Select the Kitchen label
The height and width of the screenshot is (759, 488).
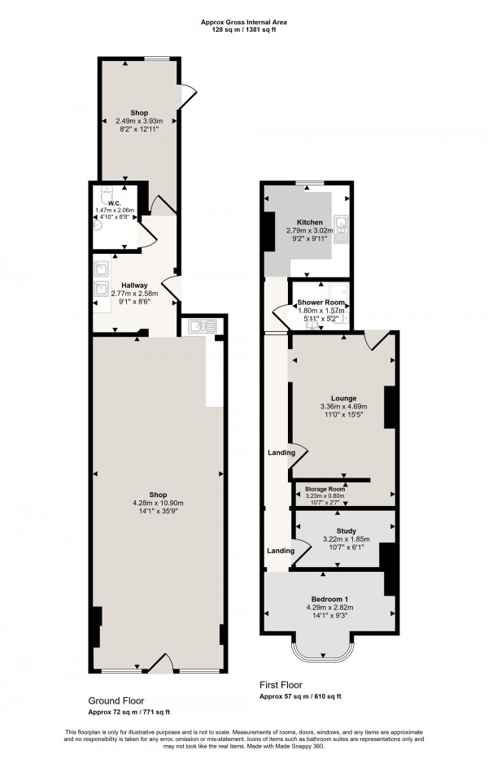coord(310,222)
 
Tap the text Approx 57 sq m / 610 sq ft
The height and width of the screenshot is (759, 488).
coord(300,696)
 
